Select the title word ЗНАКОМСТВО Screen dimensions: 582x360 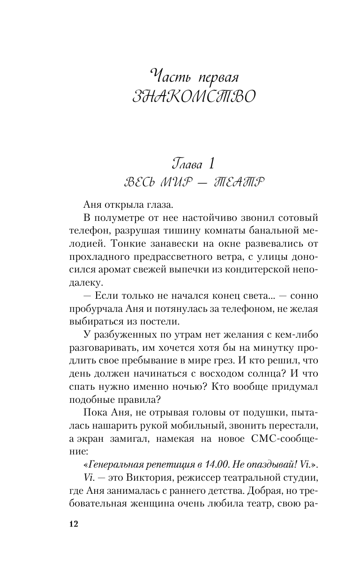click(194, 98)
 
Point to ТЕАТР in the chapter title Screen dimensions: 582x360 click(240, 182)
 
